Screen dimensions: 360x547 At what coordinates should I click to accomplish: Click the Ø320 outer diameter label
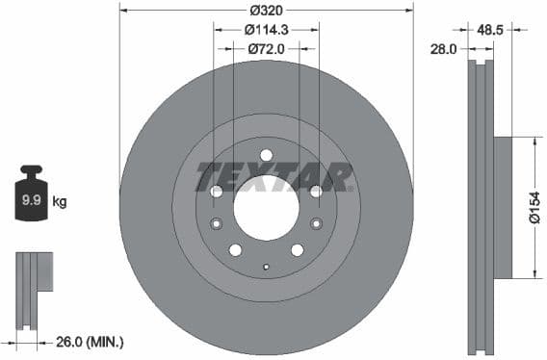tap(266, 11)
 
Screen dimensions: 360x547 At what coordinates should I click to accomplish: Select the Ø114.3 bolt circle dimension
tap(266, 30)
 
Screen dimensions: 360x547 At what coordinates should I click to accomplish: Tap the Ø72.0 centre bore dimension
tap(266, 48)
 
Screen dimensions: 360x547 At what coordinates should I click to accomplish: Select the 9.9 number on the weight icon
tap(31, 201)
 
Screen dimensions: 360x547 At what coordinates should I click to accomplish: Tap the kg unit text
tap(59, 201)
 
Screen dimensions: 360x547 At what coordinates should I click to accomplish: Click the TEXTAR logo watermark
tap(273, 177)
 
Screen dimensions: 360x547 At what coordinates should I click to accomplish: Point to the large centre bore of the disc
tap(267, 208)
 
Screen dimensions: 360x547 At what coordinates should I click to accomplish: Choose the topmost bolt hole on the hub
tap(267, 154)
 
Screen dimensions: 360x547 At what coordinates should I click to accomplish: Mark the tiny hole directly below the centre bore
tap(267, 265)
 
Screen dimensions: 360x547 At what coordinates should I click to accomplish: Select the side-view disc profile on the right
tap(481, 207)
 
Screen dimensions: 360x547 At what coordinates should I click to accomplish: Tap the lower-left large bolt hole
tap(235, 250)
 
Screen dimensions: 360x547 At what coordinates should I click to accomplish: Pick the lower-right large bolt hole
tap(298, 250)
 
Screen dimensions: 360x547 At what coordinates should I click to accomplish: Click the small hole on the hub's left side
tap(216, 223)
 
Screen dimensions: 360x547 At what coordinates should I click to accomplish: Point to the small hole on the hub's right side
tap(317, 223)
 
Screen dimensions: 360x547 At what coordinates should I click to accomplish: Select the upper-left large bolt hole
tap(216, 191)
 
